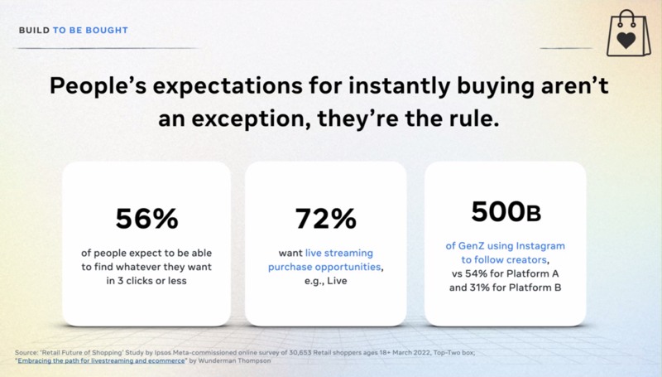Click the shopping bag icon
pos(628,34)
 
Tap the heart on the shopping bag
pos(626,41)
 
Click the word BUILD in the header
pos(34,31)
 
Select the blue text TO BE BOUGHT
pos(90,31)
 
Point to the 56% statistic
pos(147,219)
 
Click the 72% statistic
pos(325,219)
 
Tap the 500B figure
pos(506,211)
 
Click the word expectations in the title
pos(228,86)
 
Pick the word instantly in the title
pos(400,86)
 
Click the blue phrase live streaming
pos(339,253)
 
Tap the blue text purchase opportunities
pos(324,267)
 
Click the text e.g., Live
pos(325,281)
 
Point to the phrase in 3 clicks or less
pos(146,281)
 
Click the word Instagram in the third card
pos(540,246)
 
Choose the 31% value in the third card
pos(479,288)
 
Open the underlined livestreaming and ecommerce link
pos(101,360)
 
